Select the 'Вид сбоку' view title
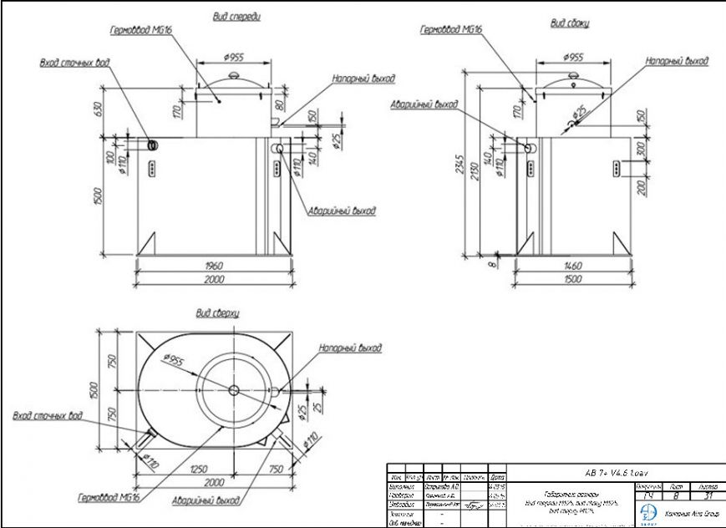coord(569,24)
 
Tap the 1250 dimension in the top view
coord(199,470)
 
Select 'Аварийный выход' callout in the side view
coord(424,105)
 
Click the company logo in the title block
coord(648,512)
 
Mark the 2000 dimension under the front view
coord(213,279)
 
